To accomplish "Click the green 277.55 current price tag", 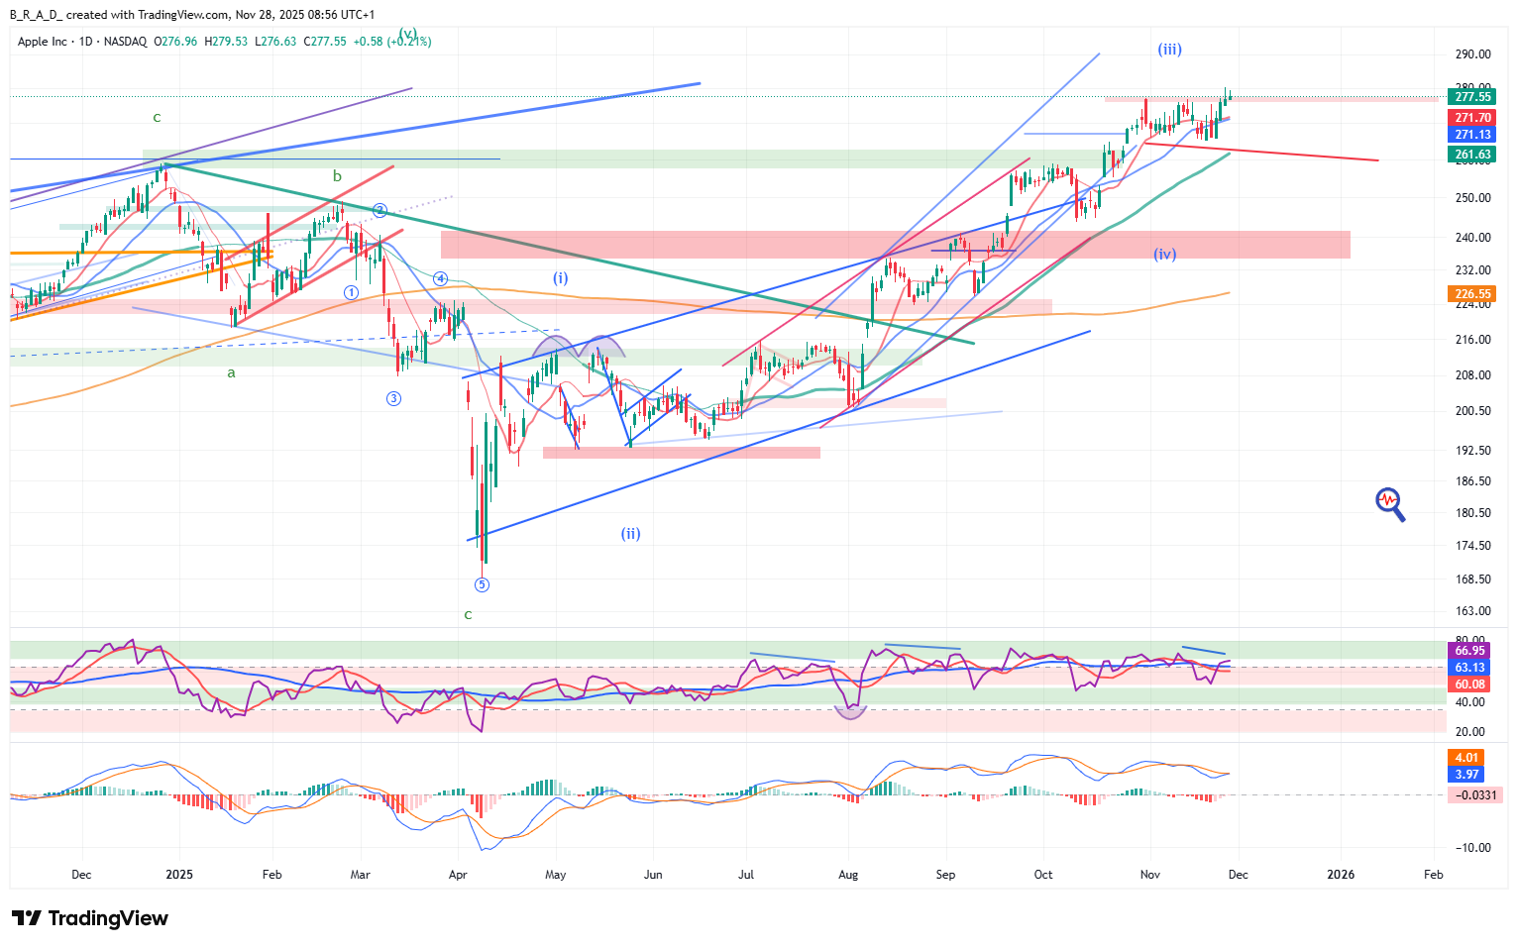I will (1471, 97).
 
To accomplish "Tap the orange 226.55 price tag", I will (1471, 294).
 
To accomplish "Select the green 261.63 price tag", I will (1471, 155).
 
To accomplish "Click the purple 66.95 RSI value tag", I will (1469, 651).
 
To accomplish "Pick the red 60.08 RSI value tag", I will (1469, 685).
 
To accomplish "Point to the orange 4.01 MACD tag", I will (1466, 758).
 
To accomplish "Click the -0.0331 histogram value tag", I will (1474, 795).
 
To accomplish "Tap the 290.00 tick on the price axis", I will (1472, 54).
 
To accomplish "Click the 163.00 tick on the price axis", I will (1472, 611).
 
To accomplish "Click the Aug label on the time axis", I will (848, 875).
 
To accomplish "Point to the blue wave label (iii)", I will (1169, 50).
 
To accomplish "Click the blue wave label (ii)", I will (630, 534).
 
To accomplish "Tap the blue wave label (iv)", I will (1164, 255).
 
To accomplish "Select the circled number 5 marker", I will (482, 584).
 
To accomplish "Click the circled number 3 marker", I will (393, 398).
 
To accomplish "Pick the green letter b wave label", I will (337, 176).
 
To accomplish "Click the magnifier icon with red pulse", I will (1389, 503).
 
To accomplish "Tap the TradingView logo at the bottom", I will (89, 918).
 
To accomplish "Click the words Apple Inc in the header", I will (43, 42).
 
